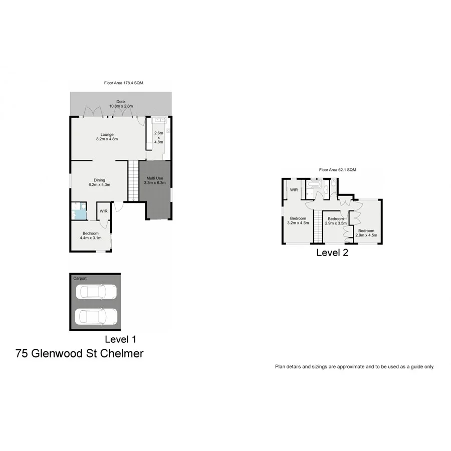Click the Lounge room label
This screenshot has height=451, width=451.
pos(106,134)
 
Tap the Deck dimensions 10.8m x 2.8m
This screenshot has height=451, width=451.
pos(121,107)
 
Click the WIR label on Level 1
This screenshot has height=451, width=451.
pos(103,211)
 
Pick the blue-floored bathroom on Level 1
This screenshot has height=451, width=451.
pos(78,211)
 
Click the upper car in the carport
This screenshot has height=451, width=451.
pos(95,292)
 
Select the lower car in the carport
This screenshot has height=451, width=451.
pos(95,316)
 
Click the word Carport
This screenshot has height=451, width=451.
pos(80,278)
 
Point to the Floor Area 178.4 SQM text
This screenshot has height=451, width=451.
pos(120,83)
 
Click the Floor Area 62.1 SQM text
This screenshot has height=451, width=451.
pos(337,170)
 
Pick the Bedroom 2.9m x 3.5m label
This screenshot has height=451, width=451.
pos(335,221)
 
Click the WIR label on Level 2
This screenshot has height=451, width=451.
pos(294,190)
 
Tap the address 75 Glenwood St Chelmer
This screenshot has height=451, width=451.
pos(80,353)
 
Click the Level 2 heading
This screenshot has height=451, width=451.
pos(332,253)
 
